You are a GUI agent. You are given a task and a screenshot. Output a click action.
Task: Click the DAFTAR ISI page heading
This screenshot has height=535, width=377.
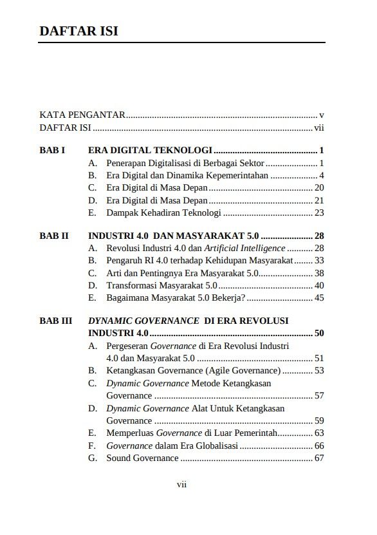[x=78, y=32]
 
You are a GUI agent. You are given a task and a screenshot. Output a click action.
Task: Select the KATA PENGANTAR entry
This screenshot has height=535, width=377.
[x=82, y=115]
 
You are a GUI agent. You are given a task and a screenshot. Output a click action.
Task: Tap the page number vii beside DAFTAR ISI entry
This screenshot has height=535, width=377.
[x=318, y=127]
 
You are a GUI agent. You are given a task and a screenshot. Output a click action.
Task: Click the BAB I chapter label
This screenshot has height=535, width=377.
[x=53, y=151]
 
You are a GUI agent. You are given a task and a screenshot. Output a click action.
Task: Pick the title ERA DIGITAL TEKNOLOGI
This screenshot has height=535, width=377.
[x=150, y=151]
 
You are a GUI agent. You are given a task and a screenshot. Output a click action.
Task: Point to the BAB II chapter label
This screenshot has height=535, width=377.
[x=54, y=236]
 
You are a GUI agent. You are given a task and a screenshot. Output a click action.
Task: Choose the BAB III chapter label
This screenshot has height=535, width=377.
[x=56, y=321]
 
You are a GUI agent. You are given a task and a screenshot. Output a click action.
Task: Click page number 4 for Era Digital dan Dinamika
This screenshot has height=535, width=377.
[x=321, y=175]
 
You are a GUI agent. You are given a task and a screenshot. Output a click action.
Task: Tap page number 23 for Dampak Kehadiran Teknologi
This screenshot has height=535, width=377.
[x=319, y=212]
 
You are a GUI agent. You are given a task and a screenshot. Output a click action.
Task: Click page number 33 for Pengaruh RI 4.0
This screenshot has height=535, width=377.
[x=319, y=260]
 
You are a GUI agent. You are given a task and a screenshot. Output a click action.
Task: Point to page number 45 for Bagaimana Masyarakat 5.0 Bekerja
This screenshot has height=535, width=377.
[x=319, y=297]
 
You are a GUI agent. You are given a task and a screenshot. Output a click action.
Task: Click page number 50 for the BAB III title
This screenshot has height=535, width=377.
[x=319, y=333]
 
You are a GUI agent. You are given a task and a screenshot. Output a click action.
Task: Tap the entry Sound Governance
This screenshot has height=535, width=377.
[x=142, y=458]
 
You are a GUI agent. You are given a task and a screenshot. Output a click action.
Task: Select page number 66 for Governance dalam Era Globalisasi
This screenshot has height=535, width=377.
[x=319, y=446]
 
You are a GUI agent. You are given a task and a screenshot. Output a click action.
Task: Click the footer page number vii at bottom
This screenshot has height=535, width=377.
[x=181, y=485]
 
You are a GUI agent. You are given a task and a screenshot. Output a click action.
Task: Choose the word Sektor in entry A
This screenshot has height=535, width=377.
[x=250, y=163]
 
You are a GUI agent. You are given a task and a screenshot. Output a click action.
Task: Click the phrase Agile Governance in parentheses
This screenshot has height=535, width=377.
[x=243, y=370]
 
